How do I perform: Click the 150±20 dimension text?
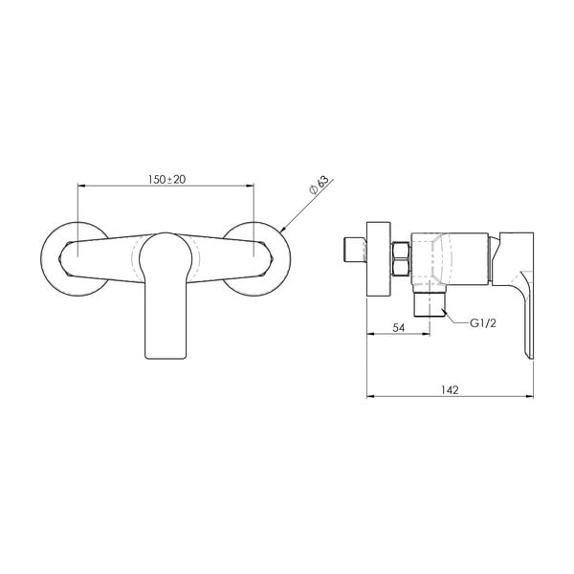(166, 178)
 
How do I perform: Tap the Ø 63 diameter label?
(319, 186)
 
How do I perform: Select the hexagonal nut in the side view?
(402, 260)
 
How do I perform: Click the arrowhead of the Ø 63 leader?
(285, 229)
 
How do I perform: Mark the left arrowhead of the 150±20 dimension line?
(78, 186)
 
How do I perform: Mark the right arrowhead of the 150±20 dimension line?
(253, 186)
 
